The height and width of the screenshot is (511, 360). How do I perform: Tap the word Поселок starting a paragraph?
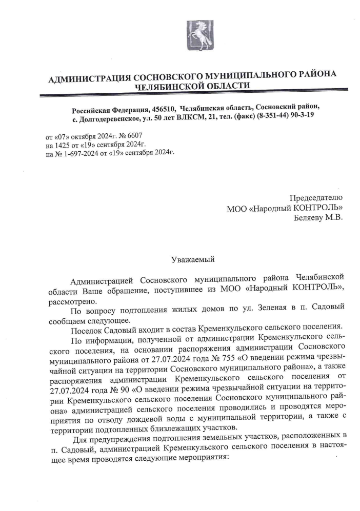click(x=88, y=326)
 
